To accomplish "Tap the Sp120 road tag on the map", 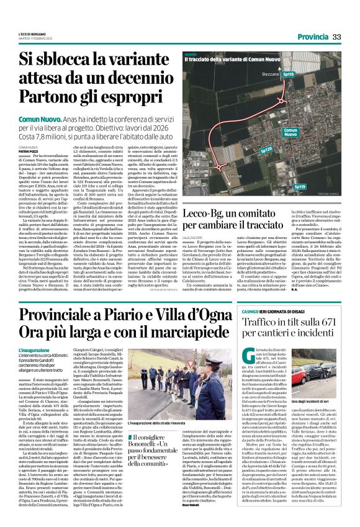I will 266,150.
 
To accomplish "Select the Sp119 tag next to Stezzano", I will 340,73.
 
